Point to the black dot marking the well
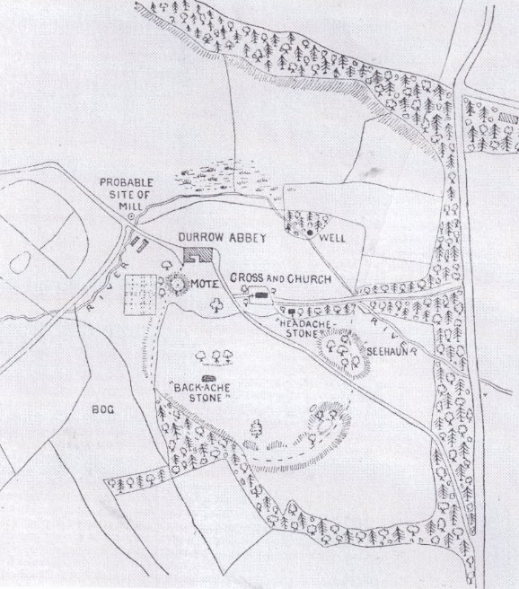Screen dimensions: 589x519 pyautogui.click(x=310, y=233)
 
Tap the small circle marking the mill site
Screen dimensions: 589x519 pyautogui.click(x=130, y=216)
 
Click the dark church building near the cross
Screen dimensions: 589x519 pyautogui.click(x=261, y=294)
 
